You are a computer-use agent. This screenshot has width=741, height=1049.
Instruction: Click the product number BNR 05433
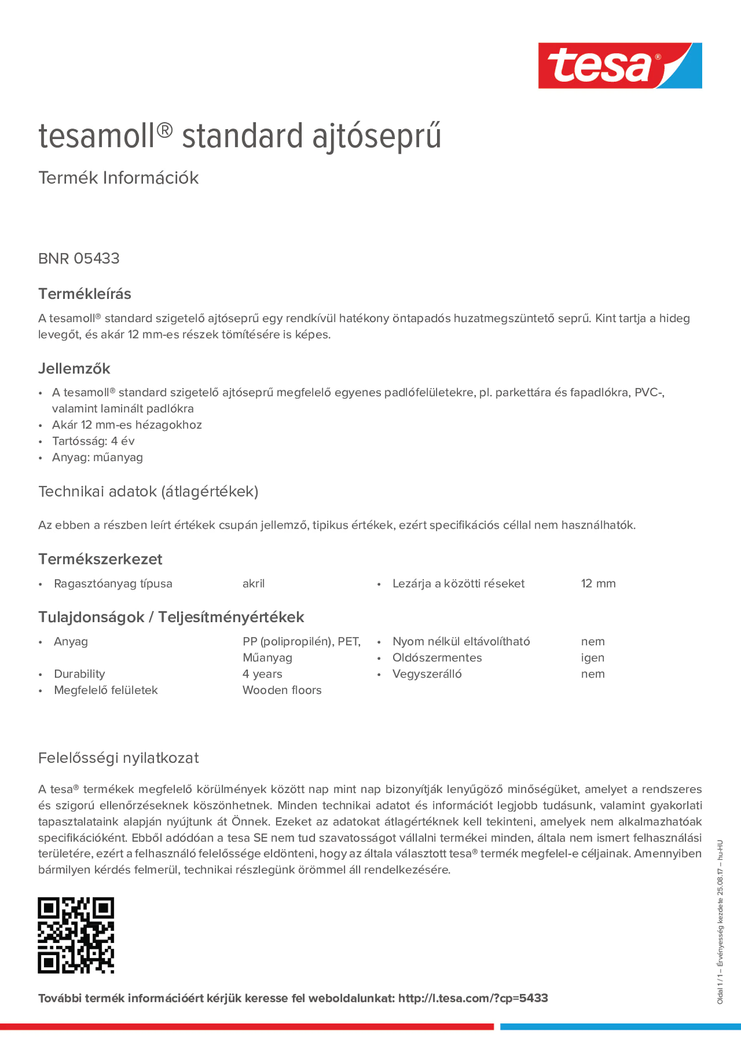[x=79, y=258]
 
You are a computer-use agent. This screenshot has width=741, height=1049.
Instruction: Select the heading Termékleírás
[x=84, y=294]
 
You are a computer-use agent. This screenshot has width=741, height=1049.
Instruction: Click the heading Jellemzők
[x=74, y=368]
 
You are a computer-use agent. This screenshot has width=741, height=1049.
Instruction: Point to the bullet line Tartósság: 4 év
[x=93, y=441]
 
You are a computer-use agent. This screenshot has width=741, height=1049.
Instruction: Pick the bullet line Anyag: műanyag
[x=97, y=457]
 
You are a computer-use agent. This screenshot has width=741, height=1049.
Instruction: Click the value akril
[x=254, y=584]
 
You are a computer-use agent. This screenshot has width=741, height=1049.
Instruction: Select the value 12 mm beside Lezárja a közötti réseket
[x=598, y=584]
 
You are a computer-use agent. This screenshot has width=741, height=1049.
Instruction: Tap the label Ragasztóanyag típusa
[x=113, y=584]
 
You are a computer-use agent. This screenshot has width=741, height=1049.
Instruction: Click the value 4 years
[x=262, y=674]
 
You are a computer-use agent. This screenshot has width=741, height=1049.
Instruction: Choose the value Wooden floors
[x=282, y=690]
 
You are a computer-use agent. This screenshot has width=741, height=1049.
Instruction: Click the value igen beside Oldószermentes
[x=593, y=657]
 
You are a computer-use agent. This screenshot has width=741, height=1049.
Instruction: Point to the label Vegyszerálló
[x=427, y=674]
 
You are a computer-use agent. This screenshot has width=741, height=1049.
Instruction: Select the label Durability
[x=79, y=674]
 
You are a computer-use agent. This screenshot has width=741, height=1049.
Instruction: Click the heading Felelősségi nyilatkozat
[x=118, y=758]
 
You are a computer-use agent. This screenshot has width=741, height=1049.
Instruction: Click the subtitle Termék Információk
[x=118, y=178]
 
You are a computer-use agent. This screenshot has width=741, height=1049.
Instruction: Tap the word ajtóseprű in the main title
[x=377, y=136]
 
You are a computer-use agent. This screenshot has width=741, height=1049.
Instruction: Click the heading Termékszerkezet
[x=100, y=559]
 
